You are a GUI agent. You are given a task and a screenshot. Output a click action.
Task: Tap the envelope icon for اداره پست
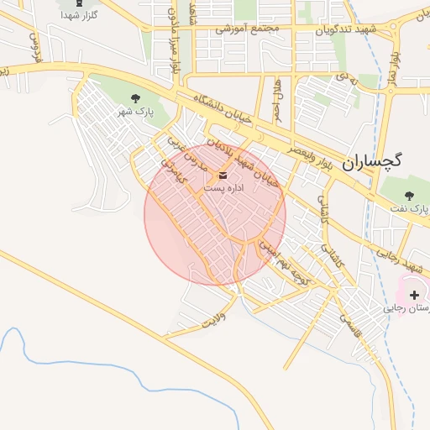[x=223, y=176]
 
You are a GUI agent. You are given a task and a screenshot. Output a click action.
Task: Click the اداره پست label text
[x=224, y=188]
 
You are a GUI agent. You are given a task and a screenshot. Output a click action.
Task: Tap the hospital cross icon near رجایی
[x=414, y=295]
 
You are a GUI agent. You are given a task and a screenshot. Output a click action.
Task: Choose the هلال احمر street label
[x=277, y=98]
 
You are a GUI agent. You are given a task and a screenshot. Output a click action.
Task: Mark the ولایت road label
[x=216, y=318]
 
